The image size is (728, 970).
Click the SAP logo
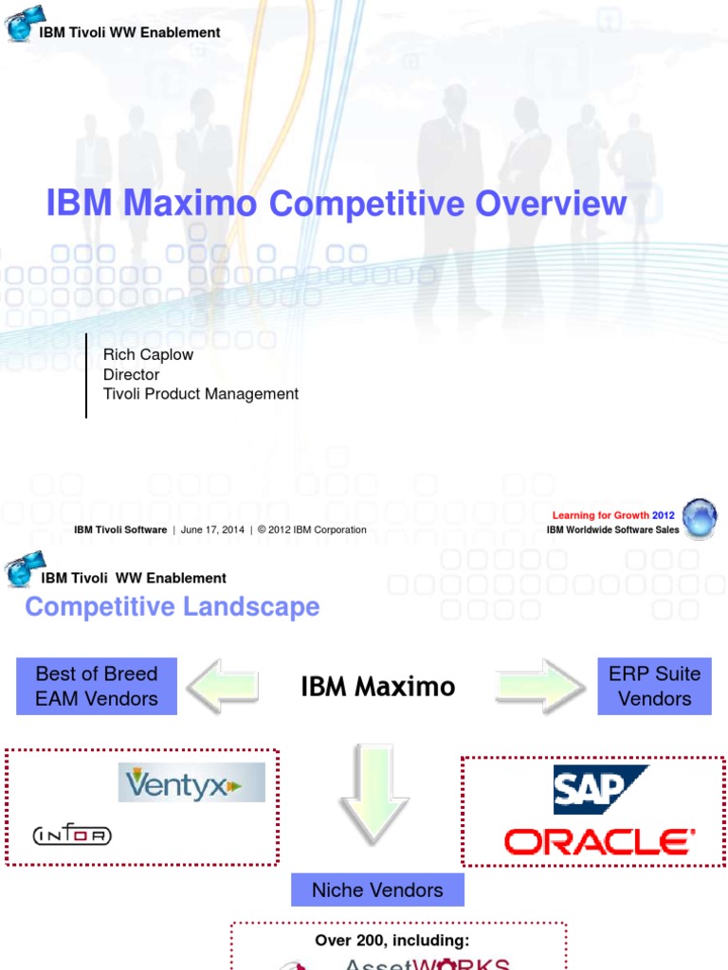coord(600,790)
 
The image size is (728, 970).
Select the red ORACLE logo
coord(599,842)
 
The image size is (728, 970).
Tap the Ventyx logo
coord(191,782)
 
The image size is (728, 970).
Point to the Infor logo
coord(72,835)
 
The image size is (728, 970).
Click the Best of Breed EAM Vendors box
coord(97,686)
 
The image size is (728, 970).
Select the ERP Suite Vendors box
coord(654,686)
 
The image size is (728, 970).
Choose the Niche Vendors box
coord(377,889)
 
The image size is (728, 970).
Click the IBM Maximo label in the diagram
coord(377,687)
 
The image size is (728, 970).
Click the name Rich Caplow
coord(148,354)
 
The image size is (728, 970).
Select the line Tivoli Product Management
coord(201,394)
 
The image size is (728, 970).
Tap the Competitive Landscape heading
coord(172,607)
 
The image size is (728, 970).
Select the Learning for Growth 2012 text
coord(613,516)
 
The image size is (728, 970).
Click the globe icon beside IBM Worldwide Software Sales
coord(700,518)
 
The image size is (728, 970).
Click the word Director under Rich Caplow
coord(131,374)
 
